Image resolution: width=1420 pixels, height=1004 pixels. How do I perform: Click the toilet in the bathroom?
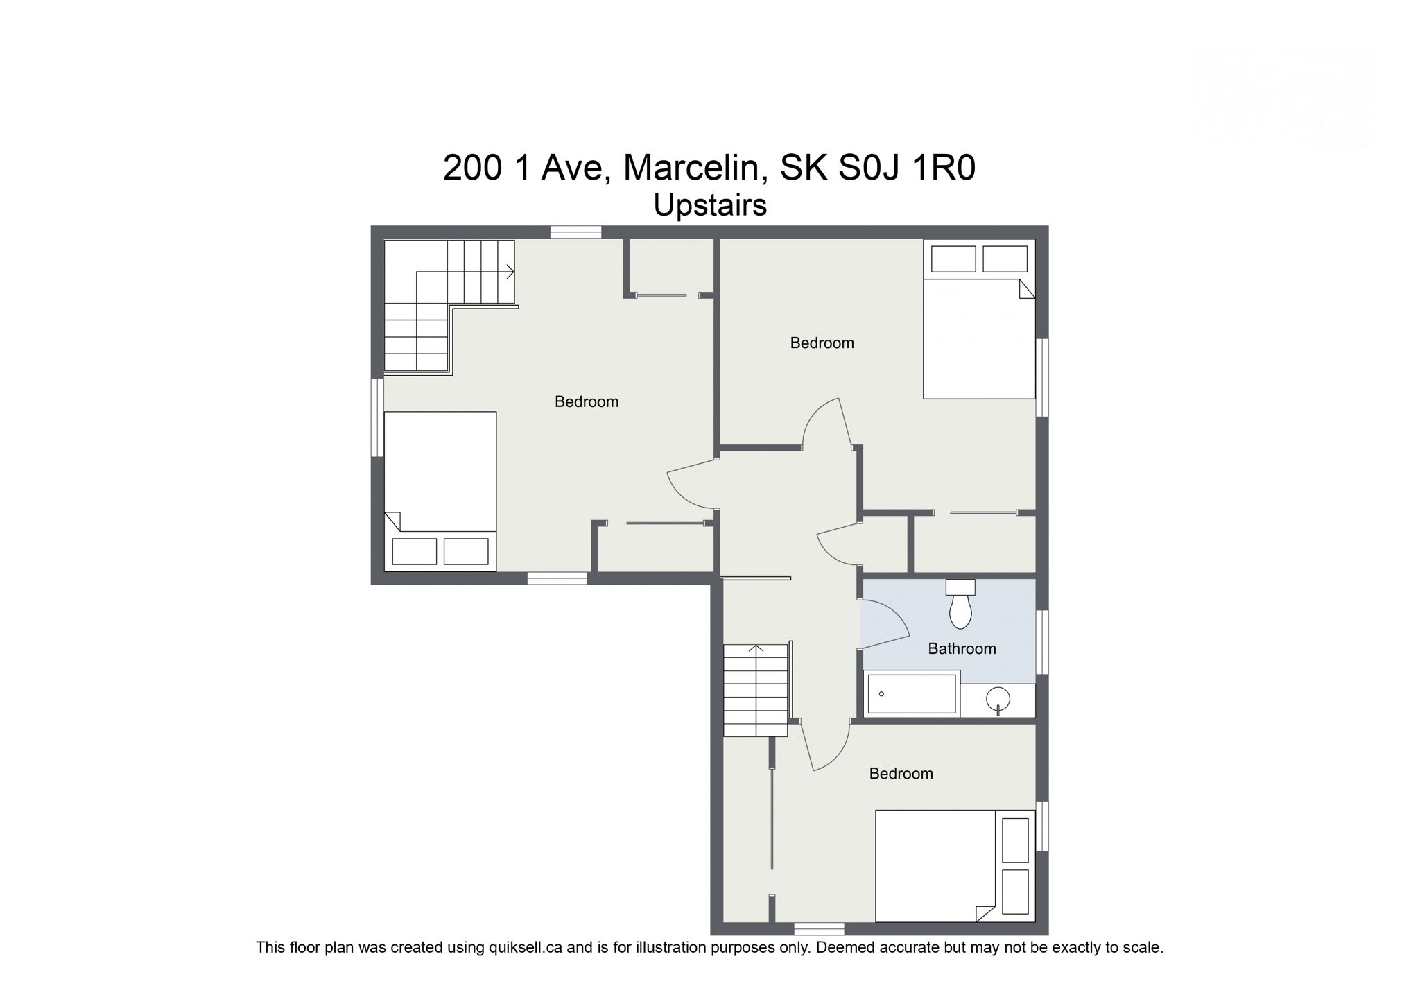coord(960,606)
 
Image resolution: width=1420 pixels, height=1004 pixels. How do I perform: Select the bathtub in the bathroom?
coord(911,693)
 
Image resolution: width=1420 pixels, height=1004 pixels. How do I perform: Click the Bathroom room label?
coord(962,649)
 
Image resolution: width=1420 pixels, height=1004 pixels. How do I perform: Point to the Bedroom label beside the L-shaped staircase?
coord(586,402)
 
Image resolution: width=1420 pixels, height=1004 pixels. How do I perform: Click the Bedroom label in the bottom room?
coord(901,774)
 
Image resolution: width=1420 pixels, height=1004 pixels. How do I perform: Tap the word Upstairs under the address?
coord(710,205)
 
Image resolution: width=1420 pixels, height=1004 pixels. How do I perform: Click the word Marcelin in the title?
coord(695,168)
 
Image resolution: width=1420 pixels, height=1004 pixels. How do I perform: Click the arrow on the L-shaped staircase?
coord(510,272)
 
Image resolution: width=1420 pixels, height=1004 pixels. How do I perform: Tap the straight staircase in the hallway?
coord(756,691)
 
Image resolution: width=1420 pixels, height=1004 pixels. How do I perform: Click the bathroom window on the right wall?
coord(1041,642)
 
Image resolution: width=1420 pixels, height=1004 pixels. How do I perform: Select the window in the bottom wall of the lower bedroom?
coord(819,928)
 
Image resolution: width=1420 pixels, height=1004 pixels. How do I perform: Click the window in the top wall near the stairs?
coord(575,232)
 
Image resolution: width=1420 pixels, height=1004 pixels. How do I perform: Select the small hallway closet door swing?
coord(838,548)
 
